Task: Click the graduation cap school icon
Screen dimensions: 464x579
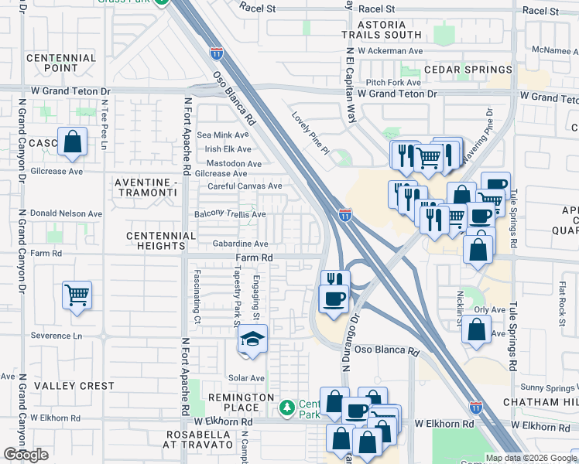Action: tap(252, 340)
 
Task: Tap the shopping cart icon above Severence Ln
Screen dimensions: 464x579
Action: tap(77, 295)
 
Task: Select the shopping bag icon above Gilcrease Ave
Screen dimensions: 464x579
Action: tap(72, 142)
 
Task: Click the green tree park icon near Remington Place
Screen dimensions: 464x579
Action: tap(287, 406)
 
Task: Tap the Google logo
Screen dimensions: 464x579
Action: tap(26, 455)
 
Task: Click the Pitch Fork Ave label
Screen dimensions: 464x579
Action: tap(393, 82)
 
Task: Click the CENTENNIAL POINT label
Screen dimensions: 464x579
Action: tap(61, 63)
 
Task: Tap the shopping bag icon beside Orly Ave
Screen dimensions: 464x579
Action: tap(476, 329)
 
